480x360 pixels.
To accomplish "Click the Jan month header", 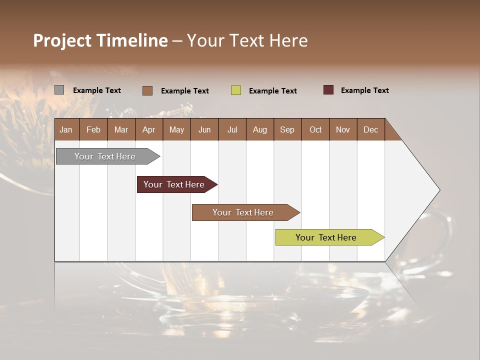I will coord(66,129).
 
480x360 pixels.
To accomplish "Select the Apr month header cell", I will coord(149,129).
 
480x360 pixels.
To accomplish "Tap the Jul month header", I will coord(232,129).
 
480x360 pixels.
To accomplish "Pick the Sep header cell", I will coord(287,129).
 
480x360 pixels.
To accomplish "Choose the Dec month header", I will coord(370,129).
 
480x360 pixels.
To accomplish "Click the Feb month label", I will coord(93,129).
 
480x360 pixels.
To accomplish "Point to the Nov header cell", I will coord(343,129).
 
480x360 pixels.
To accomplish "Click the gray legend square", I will coord(59,90).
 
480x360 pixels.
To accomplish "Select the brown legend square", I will coord(147,90).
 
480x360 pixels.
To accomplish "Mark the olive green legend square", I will coord(236,90).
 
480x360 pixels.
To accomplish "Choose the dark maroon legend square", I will coord(328,90).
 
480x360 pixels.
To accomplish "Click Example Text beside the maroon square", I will coord(364,90).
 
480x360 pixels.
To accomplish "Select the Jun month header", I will coord(204,129).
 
